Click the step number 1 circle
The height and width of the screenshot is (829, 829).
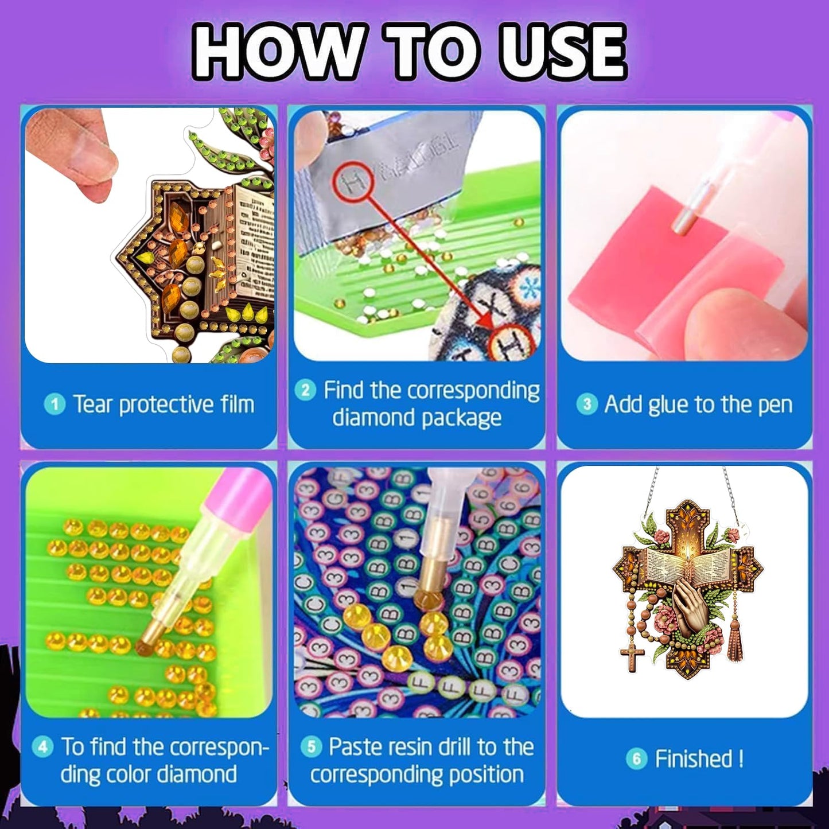coord(55,405)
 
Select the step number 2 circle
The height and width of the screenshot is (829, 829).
coord(305,391)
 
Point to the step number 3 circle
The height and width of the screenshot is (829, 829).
coord(587,405)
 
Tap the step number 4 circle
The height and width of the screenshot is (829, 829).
coord(43,746)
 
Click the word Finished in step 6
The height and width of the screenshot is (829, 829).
coord(694,758)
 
